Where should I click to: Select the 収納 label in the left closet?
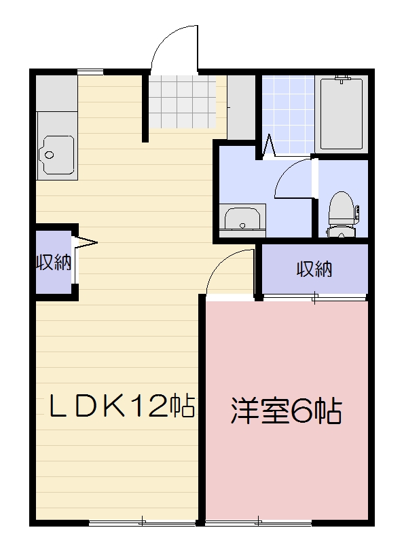[54, 263]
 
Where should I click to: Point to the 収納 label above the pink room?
[314, 269]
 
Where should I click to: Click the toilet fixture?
[341, 212]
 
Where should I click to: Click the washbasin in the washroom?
[241, 219]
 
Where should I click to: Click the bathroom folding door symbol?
[270, 145]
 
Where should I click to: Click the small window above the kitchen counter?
[90, 71]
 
